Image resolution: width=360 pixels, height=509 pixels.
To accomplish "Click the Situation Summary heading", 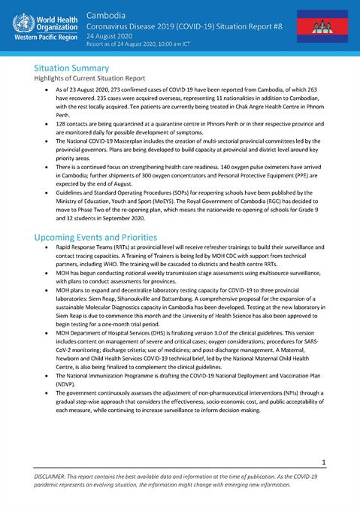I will click(77, 67).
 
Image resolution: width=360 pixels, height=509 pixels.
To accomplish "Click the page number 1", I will click(322, 462).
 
